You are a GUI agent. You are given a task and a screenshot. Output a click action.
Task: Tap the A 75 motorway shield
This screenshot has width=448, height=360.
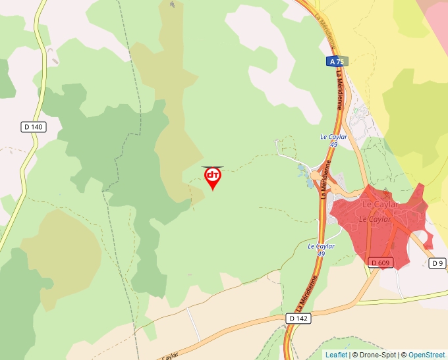336,61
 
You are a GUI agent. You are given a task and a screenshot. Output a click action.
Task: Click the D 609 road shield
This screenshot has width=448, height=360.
381,263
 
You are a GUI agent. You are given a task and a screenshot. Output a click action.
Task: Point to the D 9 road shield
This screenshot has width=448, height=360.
438,263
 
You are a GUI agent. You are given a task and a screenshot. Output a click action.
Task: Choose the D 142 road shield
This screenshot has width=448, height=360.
298,318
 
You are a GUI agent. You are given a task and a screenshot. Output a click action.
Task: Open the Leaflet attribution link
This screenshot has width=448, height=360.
336,355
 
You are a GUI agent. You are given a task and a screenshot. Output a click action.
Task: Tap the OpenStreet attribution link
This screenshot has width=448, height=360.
427,355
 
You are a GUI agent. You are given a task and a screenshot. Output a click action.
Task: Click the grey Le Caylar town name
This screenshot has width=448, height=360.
381,205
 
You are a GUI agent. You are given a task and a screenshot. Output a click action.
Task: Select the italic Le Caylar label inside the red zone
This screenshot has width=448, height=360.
375,219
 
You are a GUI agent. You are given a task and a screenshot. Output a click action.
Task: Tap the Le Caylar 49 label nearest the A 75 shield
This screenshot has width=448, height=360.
333,140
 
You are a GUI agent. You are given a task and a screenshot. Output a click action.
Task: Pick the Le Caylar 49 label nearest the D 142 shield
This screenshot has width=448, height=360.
322,249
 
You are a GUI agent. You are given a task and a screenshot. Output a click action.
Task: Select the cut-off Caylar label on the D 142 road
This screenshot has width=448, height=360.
170,355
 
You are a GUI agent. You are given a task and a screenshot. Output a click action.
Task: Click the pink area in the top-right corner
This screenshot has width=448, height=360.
437,16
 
